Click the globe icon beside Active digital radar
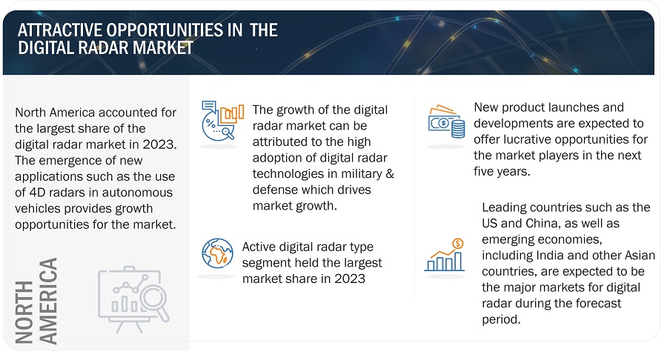click(217, 253)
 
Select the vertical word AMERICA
click(48, 301)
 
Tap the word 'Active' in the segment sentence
click(261, 247)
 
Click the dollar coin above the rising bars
click(458, 243)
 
